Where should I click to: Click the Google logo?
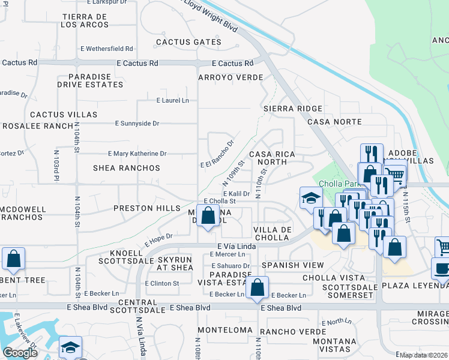point(20,353)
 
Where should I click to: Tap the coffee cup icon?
point(442,269)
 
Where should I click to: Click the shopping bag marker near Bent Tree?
point(13,259)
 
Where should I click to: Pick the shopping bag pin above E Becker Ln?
point(257,287)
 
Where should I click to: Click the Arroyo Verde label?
point(231,78)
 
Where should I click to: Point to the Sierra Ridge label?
point(293,109)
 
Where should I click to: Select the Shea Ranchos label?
point(127,168)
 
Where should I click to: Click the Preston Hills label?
point(147,208)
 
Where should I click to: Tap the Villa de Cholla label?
point(273,233)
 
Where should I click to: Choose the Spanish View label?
point(292,265)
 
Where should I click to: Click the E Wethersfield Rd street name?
point(106,49)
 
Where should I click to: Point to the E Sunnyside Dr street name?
point(137,124)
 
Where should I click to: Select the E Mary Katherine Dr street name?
point(137,154)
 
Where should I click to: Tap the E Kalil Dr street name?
point(236,194)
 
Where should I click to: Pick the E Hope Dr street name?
point(158,240)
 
